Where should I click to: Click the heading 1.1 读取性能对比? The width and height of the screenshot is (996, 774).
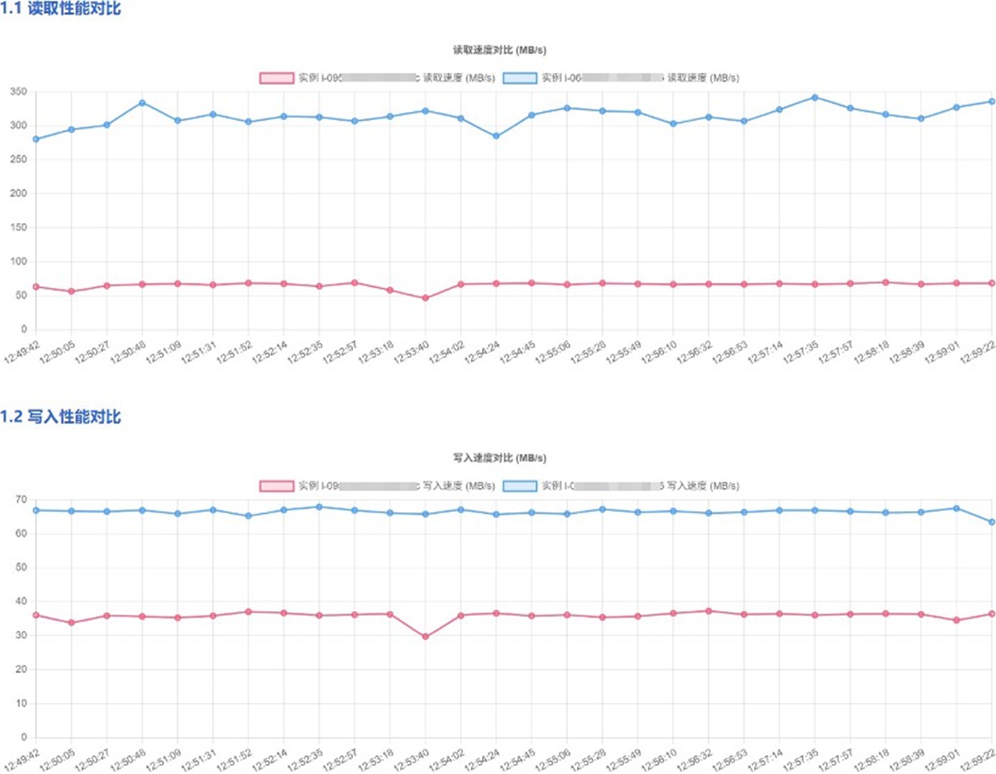coord(61,8)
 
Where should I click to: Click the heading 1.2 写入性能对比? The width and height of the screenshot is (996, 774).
coord(61,416)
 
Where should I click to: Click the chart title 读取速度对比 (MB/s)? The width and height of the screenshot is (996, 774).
coord(499,50)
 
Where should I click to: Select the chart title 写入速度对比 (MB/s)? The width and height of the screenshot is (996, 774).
coord(499,458)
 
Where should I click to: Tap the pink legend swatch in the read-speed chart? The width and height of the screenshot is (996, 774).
coord(276,78)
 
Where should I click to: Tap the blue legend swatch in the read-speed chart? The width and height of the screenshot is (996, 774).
coord(519,78)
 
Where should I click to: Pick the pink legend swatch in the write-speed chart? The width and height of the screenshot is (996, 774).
coord(276,486)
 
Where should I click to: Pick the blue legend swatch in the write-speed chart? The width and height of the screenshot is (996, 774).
coord(519,486)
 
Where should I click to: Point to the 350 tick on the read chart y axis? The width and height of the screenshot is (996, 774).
coord(18,92)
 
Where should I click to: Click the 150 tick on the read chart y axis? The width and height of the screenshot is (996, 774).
coord(18,227)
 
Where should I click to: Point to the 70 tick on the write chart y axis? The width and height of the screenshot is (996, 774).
coord(21,500)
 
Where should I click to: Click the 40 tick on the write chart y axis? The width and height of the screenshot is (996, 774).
coord(21,601)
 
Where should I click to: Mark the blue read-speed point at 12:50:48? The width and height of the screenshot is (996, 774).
coord(142,103)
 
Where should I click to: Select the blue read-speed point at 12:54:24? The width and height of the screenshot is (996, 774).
coord(496,136)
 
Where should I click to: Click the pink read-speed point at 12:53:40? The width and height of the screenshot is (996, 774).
coord(425,298)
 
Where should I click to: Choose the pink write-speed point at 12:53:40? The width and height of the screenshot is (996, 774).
coord(425,637)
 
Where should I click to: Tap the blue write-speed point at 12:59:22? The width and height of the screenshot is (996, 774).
coord(992,522)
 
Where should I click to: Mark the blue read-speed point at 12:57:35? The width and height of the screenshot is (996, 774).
coord(814,98)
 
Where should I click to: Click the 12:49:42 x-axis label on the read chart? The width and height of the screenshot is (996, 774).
coord(22,353)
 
